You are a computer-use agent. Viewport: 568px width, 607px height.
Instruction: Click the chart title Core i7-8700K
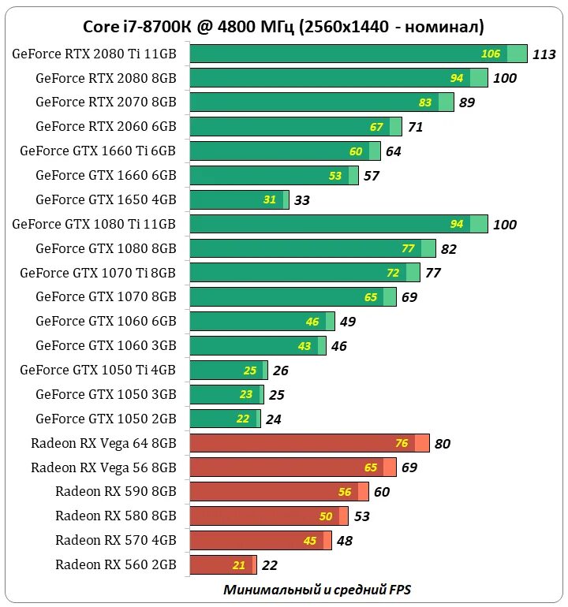pos(283,27)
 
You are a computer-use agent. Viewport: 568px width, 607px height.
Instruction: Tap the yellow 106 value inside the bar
pos(491,54)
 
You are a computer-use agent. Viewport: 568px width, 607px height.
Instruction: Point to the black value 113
pos(544,54)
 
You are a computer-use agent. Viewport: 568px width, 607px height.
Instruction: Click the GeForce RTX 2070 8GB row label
pos(106,102)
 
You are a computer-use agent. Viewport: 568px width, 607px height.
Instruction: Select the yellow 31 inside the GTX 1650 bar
pos(270,199)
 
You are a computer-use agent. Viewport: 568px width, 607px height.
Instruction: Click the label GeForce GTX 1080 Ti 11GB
pos(94,224)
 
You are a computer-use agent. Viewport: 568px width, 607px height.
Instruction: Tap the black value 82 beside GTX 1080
pos(449,249)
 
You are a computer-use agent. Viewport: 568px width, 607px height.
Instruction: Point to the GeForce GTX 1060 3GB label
pos(106,345)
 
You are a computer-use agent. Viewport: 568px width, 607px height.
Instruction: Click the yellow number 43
pos(305,346)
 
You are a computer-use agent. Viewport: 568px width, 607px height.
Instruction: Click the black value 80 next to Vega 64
pos(442,444)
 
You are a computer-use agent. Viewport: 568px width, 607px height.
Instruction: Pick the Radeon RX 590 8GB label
pos(116,491)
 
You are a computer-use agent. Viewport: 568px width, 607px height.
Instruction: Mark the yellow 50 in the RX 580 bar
pos(326,516)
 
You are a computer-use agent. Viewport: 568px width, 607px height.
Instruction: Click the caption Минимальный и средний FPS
pos(317,589)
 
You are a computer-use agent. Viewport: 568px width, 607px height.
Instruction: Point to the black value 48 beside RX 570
pos(344,541)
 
